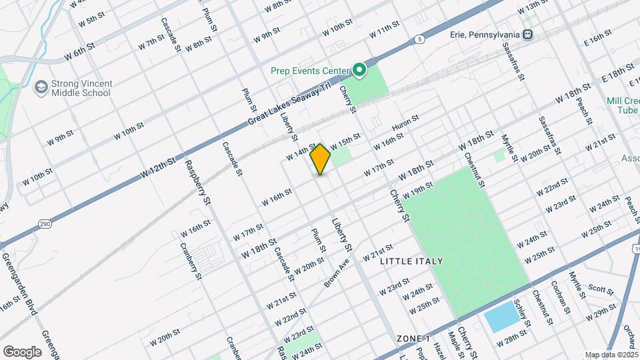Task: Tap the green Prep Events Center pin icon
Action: (x=359, y=69)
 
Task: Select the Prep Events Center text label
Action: (x=310, y=71)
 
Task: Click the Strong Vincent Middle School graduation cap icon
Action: (x=41, y=87)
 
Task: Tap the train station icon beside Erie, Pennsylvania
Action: (x=528, y=34)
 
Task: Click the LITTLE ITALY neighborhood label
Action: (x=411, y=261)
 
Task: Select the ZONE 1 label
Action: (x=413, y=339)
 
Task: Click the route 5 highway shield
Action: (x=418, y=39)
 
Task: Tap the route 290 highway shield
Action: (x=45, y=223)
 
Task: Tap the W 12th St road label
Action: (x=158, y=167)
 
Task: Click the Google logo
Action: (x=22, y=351)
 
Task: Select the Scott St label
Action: (x=601, y=289)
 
